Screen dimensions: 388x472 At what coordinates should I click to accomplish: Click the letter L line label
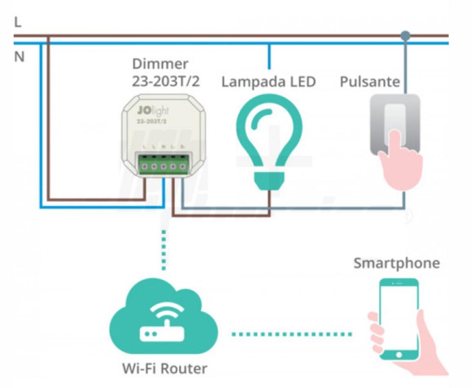(x=18, y=23)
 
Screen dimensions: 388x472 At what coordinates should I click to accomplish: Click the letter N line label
(x=19, y=57)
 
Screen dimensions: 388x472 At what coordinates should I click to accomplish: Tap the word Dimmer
(x=160, y=64)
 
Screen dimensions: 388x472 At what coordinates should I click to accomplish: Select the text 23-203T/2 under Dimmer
(x=165, y=81)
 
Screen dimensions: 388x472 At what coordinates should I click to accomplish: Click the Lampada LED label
(x=268, y=82)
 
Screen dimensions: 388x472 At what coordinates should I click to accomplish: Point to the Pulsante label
(x=370, y=82)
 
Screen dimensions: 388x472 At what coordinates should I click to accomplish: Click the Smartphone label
(x=396, y=263)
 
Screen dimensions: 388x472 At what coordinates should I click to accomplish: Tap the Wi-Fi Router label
(x=165, y=368)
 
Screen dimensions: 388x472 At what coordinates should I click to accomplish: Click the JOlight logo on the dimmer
(x=153, y=111)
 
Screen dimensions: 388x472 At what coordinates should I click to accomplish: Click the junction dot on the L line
(x=405, y=36)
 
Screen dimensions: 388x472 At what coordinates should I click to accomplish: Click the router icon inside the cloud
(x=163, y=333)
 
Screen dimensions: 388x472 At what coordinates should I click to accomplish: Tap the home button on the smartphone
(x=399, y=354)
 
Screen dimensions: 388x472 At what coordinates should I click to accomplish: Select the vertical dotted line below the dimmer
(x=164, y=250)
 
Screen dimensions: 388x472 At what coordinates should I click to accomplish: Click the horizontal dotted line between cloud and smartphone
(x=292, y=334)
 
